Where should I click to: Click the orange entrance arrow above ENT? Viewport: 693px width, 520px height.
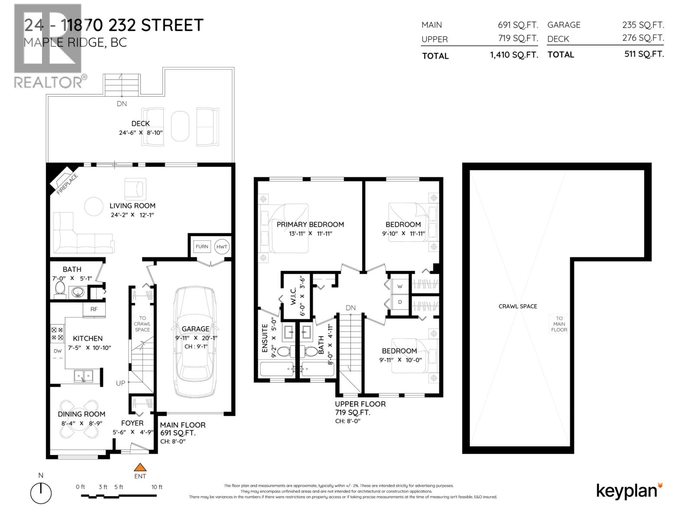[x=139, y=467]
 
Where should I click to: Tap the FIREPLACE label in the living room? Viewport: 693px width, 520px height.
[x=67, y=184]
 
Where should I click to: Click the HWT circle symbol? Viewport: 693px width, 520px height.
[x=222, y=247]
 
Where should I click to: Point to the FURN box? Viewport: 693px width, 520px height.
[x=202, y=247]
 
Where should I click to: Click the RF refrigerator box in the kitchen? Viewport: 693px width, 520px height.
[x=94, y=309]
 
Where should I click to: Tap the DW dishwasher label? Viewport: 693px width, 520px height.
[x=58, y=351]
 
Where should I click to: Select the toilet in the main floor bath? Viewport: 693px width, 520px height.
[x=60, y=289]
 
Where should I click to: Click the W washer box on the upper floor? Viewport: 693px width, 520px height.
[x=400, y=286]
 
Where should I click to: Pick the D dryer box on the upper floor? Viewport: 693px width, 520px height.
[x=400, y=302]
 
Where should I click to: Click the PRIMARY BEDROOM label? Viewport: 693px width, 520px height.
[x=310, y=224]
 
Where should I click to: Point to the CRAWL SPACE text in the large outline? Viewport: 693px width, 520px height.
[x=518, y=306]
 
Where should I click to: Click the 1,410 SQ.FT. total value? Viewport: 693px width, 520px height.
[x=514, y=55]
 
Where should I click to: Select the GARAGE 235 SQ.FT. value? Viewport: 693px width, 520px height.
[x=643, y=25]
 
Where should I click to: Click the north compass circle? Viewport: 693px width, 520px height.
[x=41, y=493]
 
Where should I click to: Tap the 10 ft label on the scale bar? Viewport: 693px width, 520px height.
[x=157, y=487]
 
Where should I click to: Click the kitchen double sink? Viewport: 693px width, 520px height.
[x=83, y=375]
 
